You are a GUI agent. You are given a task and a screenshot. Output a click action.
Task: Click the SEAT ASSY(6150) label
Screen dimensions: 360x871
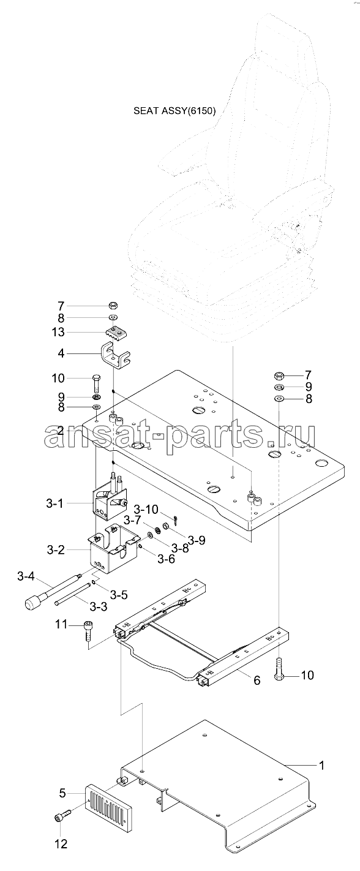coord(174,111)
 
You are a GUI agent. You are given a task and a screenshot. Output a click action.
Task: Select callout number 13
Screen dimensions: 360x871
coord(59,332)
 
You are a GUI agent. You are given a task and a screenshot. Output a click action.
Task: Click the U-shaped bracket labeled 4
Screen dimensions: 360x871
coord(116,354)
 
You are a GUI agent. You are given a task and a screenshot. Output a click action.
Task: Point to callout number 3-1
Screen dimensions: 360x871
coord(54,503)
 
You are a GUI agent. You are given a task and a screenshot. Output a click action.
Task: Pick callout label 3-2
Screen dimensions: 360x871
coord(56,550)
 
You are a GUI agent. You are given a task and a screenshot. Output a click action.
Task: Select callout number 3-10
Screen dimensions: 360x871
coord(146,509)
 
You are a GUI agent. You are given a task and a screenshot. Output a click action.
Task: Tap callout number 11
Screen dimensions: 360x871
coord(61,625)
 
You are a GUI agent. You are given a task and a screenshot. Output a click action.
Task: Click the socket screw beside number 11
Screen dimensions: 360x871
coord(88,632)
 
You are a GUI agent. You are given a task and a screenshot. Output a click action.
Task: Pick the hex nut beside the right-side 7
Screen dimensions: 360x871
coord(279,376)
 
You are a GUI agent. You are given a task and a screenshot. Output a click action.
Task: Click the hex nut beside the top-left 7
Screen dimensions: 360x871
coord(114,304)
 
